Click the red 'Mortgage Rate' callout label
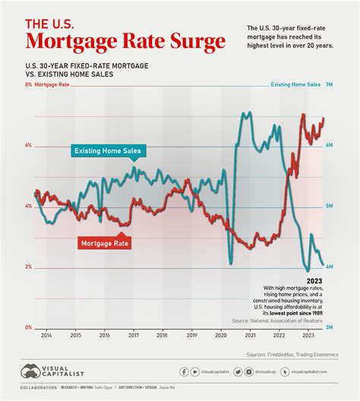click(x=105, y=243)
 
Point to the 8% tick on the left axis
click(x=28, y=86)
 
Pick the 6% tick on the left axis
click(x=28, y=145)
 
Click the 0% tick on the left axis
click(x=28, y=327)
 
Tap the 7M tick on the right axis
click(x=330, y=86)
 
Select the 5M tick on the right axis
click(x=330, y=206)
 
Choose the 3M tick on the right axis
click(x=330, y=327)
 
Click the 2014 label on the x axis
click(x=46, y=335)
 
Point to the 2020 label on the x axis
click(x=221, y=335)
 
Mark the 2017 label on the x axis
click(x=134, y=335)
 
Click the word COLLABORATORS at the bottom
click(x=39, y=388)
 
